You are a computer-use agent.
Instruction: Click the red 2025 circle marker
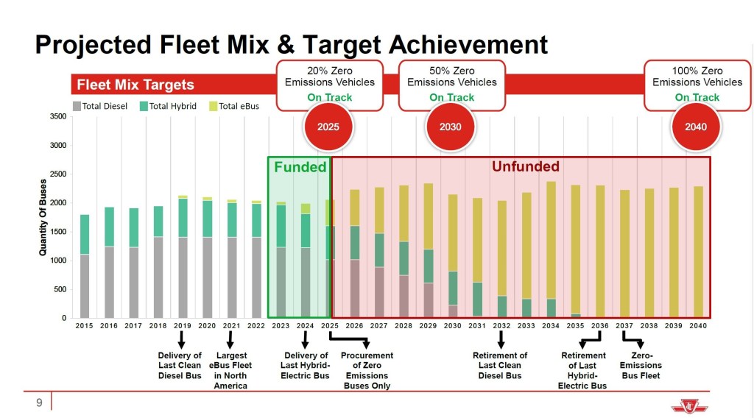328,127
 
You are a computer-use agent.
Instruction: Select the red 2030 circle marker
451,127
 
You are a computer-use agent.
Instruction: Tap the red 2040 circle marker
696,127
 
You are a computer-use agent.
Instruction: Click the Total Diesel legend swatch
77,106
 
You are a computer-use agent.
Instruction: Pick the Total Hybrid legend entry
169,106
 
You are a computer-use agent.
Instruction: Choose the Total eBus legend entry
234,106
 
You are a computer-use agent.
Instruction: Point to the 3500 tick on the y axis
57,116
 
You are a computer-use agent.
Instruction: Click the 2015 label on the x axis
85,326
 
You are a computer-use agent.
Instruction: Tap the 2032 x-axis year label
501,326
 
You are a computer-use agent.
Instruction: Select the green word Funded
300,167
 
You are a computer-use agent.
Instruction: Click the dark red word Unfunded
525,167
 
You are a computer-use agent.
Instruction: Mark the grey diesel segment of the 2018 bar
158,277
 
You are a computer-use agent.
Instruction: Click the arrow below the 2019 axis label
181,339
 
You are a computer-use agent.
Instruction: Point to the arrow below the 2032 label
501,339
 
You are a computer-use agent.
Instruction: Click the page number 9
39,403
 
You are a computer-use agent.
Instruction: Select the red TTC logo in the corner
687,404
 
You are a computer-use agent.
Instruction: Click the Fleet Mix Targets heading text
135,85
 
